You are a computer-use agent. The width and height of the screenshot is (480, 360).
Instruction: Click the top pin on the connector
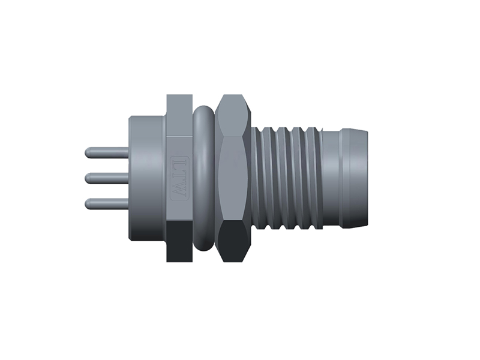pos(107,153)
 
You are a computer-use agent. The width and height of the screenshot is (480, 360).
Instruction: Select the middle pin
pos(107,178)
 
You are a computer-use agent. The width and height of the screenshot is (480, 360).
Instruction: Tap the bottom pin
pos(107,204)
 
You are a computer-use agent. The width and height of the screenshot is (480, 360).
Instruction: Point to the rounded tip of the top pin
pos(87,153)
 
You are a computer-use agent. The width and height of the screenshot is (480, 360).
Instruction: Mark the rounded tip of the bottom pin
pos(87,204)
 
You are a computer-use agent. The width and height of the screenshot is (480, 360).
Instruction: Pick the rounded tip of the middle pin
pos(87,178)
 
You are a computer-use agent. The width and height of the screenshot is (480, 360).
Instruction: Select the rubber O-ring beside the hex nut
pos(203,178)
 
